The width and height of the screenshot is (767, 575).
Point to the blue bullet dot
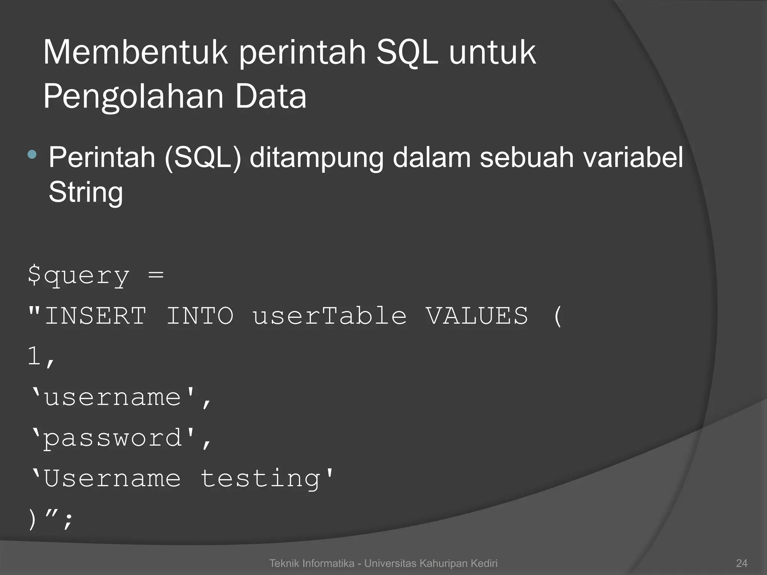[32, 154]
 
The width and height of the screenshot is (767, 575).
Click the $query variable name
[79, 276]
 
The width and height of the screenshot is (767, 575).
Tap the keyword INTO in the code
[200, 316]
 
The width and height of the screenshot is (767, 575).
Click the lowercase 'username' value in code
[112, 397]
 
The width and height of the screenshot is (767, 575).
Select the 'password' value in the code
[112, 438]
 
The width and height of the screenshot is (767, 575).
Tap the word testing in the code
[260, 479]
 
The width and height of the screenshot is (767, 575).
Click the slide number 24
[742, 563]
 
